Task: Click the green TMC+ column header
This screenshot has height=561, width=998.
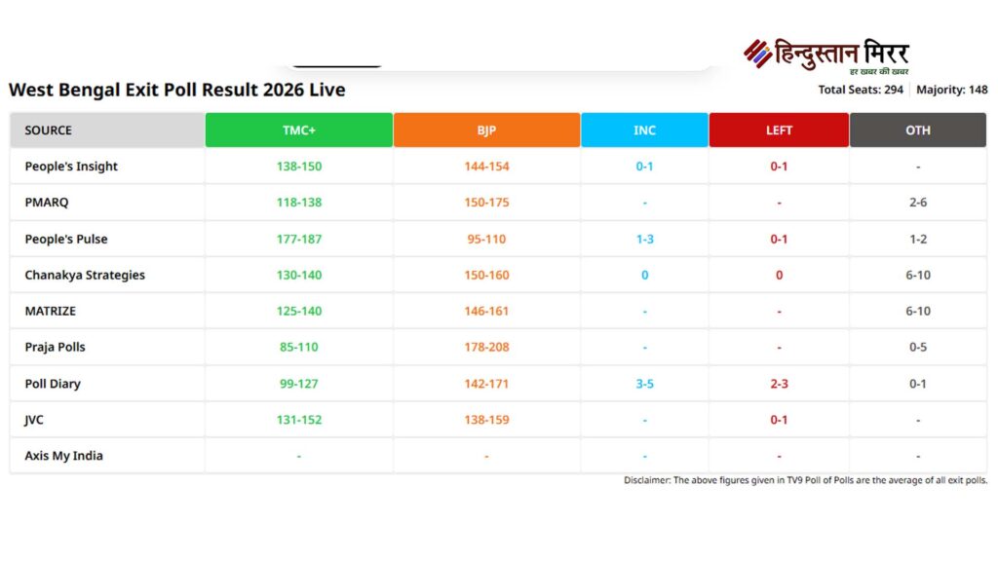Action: click(x=298, y=131)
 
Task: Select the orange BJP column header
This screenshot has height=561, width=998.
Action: click(x=486, y=131)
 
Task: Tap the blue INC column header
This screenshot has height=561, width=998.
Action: click(x=644, y=131)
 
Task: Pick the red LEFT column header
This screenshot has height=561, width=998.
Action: click(x=779, y=131)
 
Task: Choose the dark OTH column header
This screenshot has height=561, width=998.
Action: click(x=917, y=131)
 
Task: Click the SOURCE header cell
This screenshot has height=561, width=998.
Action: click(x=49, y=131)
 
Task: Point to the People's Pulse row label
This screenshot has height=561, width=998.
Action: click(x=66, y=239)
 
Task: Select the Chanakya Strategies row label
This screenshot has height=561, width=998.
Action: click(x=85, y=275)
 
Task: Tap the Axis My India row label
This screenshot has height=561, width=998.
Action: click(x=63, y=456)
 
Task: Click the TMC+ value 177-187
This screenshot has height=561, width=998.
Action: click(x=298, y=239)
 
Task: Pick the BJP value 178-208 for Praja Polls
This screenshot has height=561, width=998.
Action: click(x=486, y=348)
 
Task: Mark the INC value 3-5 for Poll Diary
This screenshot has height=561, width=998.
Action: click(x=644, y=384)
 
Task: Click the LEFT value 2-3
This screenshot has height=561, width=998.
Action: click(x=779, y=384)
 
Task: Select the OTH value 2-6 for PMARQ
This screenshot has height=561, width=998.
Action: click(x=917, y=203)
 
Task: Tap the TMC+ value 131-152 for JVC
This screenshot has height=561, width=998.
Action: click(x=298, y=420)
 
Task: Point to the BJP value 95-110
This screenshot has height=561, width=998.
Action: click(x=486, y=239)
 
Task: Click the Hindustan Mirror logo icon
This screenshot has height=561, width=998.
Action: click(x=757, y=54)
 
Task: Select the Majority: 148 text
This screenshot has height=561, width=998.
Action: click(x=952, y=90)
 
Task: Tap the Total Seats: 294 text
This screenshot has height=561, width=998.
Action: click(x=862, y=90)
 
